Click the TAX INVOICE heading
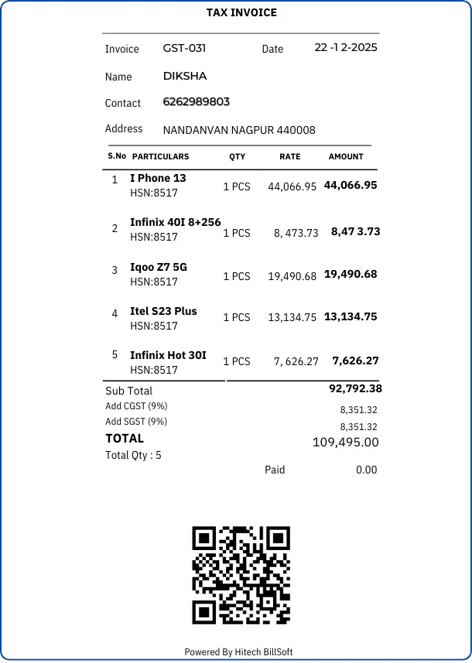pos(241,12)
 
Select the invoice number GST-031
pos(184,48)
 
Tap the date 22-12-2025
pos(346,48)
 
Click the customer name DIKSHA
pos(185,76)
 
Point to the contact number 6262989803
pos(197,102)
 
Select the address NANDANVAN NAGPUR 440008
pos(239,130)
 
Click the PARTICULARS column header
pos(160,156)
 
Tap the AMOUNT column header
pos(346,156)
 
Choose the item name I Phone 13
pos(158,178)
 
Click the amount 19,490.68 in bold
pos(351,274)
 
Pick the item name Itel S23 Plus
pos(163,311)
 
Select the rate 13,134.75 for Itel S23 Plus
pos(292,317)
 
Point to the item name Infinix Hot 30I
pos(168,355)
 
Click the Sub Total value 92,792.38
pos(355,388)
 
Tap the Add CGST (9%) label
pos(136,406)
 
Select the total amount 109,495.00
pos(345,443)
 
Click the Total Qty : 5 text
pos(133,456)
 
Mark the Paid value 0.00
pos(366,470)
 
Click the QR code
pos(241,575)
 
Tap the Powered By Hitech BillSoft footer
pos(238,652)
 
